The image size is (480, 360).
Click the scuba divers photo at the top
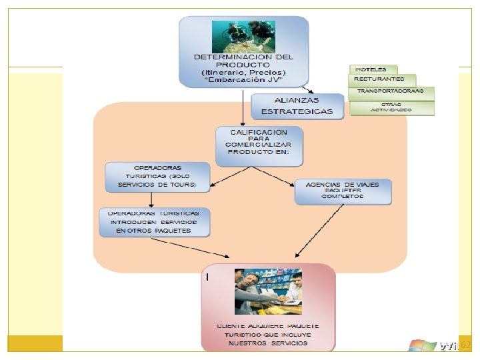pyautogui.click(x=243, y=36)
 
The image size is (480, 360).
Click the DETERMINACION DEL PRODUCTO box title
pyautogui.click(x=243, y=61)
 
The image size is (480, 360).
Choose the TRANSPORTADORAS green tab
pyautogui.click(x=391, y=91)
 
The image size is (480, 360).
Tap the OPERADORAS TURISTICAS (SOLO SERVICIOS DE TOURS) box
pyautogui.click(x=157, y=175)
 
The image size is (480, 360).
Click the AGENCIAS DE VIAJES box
pyautogui.click(x=343, y=191)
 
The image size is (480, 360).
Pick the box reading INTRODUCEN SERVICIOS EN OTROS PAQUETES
pyautogui.click(x=155, y=222)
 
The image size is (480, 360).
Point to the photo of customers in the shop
pyautogui.click(x=268, y=291)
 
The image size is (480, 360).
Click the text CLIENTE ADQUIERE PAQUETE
pyautogui.click(x=268, y=325)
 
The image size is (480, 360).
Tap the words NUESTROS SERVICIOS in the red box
pyautogui.click(x=268, y=343)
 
